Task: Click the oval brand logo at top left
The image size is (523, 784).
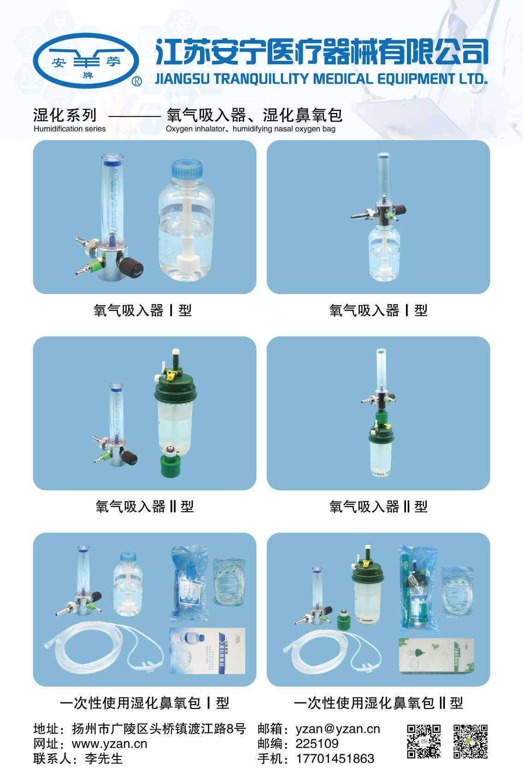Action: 86,62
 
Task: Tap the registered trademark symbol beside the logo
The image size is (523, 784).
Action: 137,82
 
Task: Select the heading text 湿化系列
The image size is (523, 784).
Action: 65,115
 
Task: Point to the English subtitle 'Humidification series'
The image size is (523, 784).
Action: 70,129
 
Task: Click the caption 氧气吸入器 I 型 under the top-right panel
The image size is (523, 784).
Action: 378,311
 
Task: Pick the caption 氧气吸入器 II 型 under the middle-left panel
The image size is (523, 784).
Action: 144,507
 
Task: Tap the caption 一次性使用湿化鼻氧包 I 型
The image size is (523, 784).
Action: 144,703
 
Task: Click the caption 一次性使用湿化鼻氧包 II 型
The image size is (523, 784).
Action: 378,703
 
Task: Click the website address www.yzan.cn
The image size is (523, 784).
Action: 110,743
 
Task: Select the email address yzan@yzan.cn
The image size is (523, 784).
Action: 338,729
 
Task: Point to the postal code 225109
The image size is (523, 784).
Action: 317,743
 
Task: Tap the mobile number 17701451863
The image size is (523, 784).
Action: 335,759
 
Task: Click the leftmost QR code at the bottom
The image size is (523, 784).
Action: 423,742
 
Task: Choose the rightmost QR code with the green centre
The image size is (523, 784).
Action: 470,742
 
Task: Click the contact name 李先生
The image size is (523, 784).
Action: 104,759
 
